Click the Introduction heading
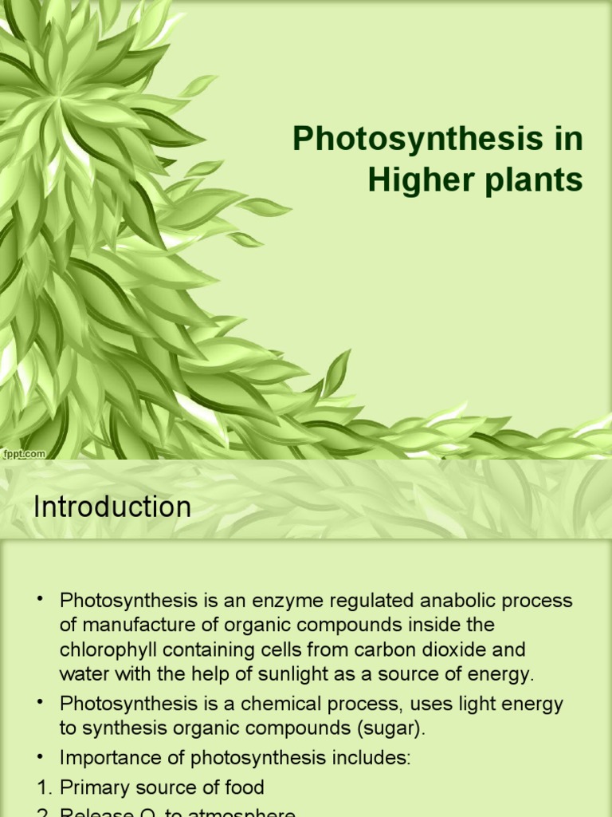[x=112, y=507]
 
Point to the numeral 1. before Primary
[x=45, y=787]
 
